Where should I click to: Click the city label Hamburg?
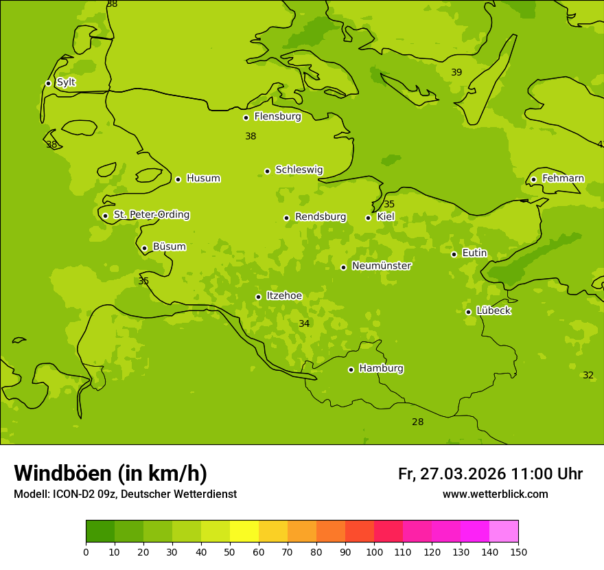(381, 369)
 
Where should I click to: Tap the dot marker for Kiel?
(368, 218)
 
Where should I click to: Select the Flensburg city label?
(277, 117)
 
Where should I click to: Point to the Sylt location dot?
(48, 83)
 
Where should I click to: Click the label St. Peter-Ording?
(151, 215)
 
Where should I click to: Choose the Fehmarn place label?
(563, 179)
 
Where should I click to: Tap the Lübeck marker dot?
(468, 312)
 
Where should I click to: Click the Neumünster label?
(381, 266)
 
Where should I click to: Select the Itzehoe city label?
(284, 296)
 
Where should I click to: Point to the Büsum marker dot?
(144, 248)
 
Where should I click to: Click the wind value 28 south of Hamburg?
(417, 422)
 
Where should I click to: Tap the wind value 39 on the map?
(456, 72)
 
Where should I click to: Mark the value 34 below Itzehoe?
(304, 323)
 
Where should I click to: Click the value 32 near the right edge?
(588, 375)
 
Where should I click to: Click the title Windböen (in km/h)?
(111, 473)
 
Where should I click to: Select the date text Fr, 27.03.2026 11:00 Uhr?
(490, 474)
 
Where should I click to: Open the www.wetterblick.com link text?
(495, 494)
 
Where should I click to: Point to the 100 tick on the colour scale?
(374, 551)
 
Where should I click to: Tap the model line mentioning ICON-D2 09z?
(125, 494)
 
